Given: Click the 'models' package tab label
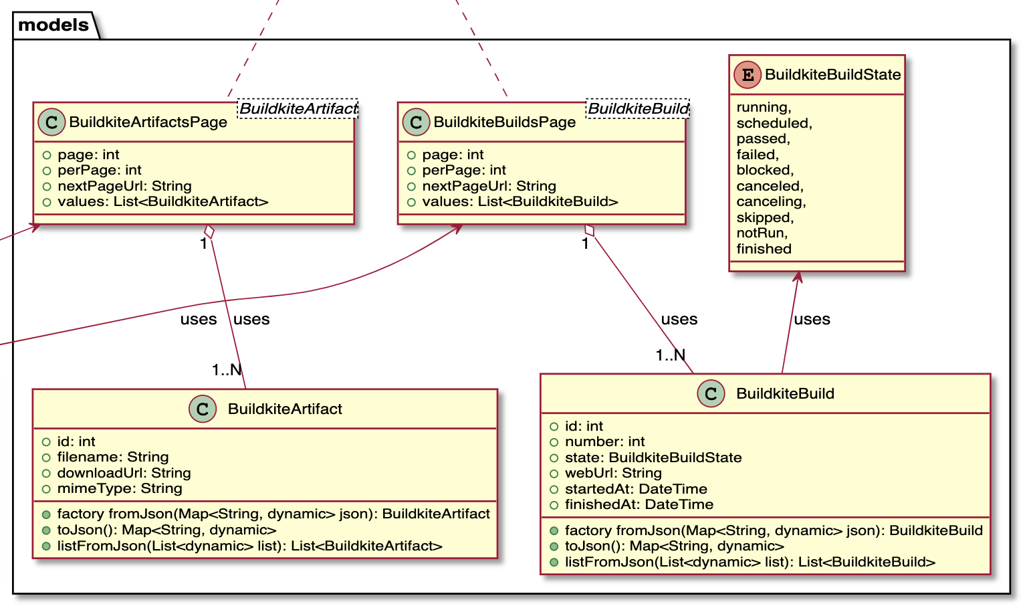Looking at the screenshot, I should [x=53, y=25].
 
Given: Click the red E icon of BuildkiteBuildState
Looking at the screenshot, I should [x=748, y=75].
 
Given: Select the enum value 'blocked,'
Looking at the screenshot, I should [x=765, y=170].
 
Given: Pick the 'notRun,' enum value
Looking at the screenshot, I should [x=762, y=233].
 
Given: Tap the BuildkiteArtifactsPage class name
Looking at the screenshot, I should [x=148, y=122].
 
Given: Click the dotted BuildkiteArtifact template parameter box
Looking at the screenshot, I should [x=298, y=108].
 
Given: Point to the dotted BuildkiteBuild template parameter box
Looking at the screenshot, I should [x=637, y=108].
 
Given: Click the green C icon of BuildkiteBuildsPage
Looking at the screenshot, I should [x=416, y=122].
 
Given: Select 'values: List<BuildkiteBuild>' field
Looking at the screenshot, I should [x=520, y=201].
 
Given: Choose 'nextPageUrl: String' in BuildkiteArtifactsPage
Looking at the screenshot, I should [x=124, y=186].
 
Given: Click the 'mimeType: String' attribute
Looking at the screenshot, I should [x=119, y=488].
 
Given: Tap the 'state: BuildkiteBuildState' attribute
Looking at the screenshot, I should [x=653, y=457].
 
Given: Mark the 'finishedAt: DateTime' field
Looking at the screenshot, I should [x=639, y=504].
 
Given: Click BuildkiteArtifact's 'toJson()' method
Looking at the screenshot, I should [x=166, y=530].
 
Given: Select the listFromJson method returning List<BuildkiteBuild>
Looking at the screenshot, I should [x=749, y=562].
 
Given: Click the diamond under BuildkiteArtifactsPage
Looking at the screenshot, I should [x=209, y=231].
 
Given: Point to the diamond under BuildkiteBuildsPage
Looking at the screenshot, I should [x=589, y=231].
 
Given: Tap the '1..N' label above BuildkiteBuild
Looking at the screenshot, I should [x=670, y=355].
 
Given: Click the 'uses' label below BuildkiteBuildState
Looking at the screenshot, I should [x=812, y=319].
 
